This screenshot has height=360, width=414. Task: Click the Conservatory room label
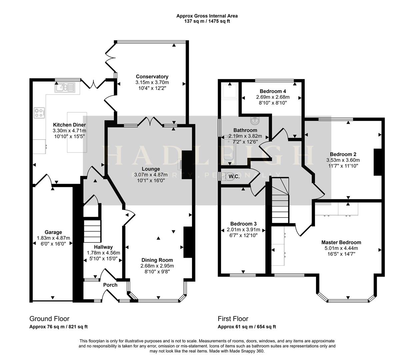coord(152,77)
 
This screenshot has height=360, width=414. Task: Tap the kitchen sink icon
coord(66,88)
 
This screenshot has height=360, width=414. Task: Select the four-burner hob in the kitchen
coord(39,113)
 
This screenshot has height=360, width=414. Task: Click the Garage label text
coord(53,232)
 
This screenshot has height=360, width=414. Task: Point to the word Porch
coord(110,285)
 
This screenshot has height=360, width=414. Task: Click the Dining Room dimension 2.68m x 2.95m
coord(157,266)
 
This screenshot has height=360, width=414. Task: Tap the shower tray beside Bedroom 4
coord(230,91)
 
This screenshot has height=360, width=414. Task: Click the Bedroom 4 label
coord(273,91)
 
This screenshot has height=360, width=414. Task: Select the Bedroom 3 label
coord(243,224)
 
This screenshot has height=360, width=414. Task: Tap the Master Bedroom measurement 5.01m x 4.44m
coord(341,248)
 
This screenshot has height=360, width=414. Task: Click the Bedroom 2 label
coord(343,154)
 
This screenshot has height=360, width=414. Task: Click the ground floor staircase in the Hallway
coord(92,230)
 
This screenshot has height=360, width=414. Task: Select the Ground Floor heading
coord(49,319)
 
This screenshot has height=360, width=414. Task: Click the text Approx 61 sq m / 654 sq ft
coord(247,327)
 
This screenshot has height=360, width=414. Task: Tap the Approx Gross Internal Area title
coord(207,16)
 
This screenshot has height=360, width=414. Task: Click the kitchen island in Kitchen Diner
coord(77,132)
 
